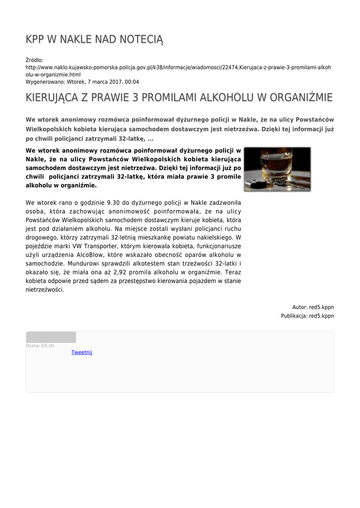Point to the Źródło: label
pyautogui.click(x=35, y=60)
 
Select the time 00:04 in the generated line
pyautogui.click(x=132, y=82)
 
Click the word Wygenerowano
pyautogui.click(x=42, y=82)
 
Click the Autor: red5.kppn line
pyautogui.click(x=313, y=307)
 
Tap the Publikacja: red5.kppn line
pyautogui.click(x=307, y=316)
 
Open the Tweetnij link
pyautogui.click(x=82, y=352)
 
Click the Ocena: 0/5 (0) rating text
pyautogui.click(x=40, y=346)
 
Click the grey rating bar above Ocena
pyautogui.click(x=51, y=337)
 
